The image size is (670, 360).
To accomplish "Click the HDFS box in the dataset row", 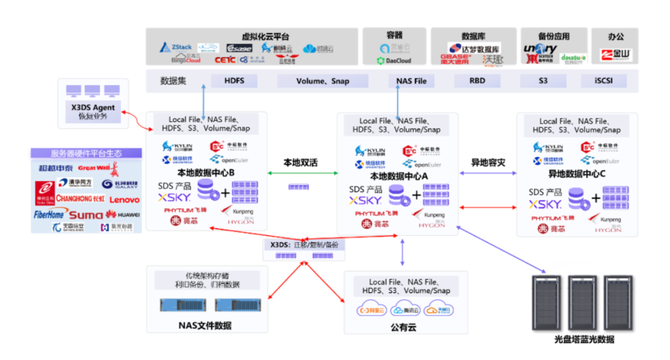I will click(x=234, y=81).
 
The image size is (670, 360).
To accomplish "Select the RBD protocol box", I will click(x=477, y=81).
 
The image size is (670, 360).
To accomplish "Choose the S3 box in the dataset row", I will click(x=543, y=81).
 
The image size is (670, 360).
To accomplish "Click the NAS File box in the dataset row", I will click(x=411, y=81).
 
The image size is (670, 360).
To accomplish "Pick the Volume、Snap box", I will click(x=323, y=81).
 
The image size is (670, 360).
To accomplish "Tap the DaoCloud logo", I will click(x=394, y=60).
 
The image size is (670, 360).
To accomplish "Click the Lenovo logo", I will click(x=125, y=200).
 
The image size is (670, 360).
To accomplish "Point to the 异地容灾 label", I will click(x=488, y=163).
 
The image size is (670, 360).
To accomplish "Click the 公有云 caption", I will click(x=403, y=327).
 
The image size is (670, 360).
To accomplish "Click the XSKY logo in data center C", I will click(x=545, y=204).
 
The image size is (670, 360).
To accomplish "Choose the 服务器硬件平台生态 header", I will click(x=86, y=153).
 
